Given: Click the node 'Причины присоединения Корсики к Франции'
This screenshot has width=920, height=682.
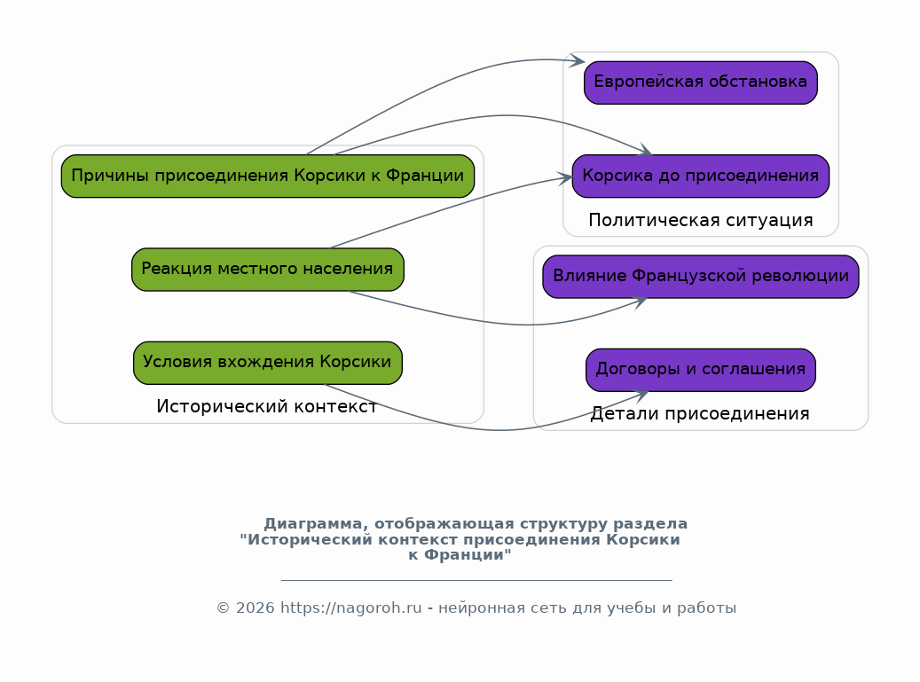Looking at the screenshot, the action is pyautogui.click(x=268, y=176).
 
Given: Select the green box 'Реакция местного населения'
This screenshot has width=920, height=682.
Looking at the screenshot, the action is pyautogui.click(x=268, y=270).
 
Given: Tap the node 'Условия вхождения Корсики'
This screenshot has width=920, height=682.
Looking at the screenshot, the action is pyautogui.click(x=268, y=363).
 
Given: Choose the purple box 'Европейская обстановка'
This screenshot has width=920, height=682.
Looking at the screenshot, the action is pyautogui.click(x=701, y=82).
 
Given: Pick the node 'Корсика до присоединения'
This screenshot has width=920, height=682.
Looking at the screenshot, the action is pyautogui.click(x=701, y=176).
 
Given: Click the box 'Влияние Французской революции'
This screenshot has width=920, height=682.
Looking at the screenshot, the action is pyautogui.click(x=701, y=276).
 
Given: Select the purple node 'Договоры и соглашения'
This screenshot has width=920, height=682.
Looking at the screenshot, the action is pyautogui.click(x=701, y=370).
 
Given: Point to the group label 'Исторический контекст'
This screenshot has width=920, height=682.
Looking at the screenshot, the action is pyautogui.click(x=266, y=406).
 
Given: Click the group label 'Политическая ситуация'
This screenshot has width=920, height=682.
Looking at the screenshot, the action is pyautogui.click(x=701, y=221).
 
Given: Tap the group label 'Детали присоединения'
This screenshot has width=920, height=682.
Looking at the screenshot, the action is pyautogui.click(x=700, y=414).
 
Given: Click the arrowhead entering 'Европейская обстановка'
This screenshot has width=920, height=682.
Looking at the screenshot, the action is pyautogui.click(x=578, y=60).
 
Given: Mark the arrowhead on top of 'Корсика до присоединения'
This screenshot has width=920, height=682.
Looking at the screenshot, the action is pyautogui.click(x=645, y=150).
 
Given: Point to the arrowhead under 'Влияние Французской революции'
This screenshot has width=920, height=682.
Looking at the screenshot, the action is pyautogui.click(x=641, y=302).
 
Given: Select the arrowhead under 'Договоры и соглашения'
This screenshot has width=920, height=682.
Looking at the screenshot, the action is pyautogui.click(x=641, y=396).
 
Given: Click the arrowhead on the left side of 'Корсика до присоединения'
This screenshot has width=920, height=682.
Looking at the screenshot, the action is pyautogui.click(x=564, y=178).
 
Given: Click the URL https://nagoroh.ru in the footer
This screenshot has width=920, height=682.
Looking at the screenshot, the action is pyautogui.click(x=350, y=608).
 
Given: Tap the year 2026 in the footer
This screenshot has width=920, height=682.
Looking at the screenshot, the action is pyautogui.click(x=256, y=608).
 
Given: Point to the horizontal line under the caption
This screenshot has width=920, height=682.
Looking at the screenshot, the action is pyautogui.click(x=476, y=580).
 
